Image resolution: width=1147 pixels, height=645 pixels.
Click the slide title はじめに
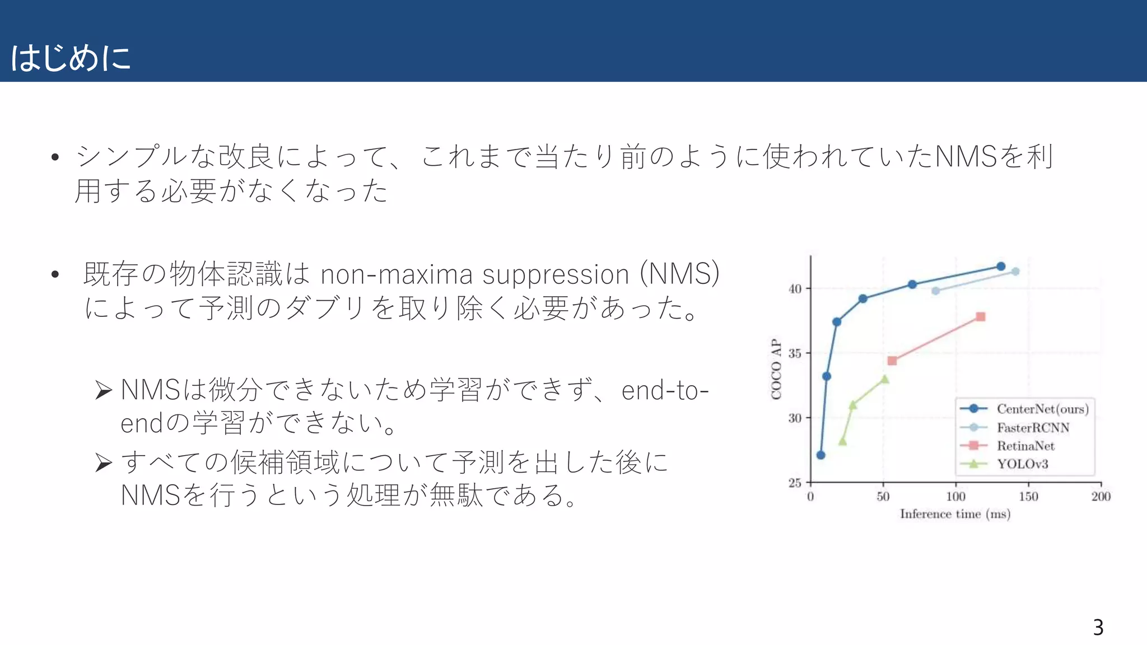[x=71, y=58]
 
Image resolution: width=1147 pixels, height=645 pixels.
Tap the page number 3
[x=1098, y=627]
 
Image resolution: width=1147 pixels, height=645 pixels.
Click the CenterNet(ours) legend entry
[x=1042, y=409]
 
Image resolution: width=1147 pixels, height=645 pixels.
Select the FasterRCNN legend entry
[x=1033, y=428]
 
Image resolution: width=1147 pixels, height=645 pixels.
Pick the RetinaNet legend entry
[x=1025, y=446]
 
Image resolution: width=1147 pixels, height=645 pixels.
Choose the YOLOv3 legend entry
[x=1022, y=464]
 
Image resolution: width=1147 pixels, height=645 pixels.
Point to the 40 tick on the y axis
[x=795, y=289]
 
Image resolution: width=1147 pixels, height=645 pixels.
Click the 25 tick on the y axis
[x=795, y=483]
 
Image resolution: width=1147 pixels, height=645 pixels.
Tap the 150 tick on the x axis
[x=1028, y=497]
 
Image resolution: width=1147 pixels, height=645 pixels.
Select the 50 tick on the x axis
[x=883, y=497]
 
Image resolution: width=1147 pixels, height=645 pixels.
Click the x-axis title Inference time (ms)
[x=955, y=514]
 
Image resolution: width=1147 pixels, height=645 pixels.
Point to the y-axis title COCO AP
[x=776, y=369]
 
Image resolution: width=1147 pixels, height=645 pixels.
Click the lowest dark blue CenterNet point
[x=821, y=455]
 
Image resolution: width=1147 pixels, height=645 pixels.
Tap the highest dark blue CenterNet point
[x=1001, y=267]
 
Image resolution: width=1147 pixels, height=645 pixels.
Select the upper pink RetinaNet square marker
[x=981, y=317]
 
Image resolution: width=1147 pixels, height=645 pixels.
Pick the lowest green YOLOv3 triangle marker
[x=842, y=442]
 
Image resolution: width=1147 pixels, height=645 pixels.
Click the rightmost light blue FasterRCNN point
[x=1015, y=272]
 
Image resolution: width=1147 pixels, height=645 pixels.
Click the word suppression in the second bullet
[x=556, y=275]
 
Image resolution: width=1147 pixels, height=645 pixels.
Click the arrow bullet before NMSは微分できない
[x=104, y=390]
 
